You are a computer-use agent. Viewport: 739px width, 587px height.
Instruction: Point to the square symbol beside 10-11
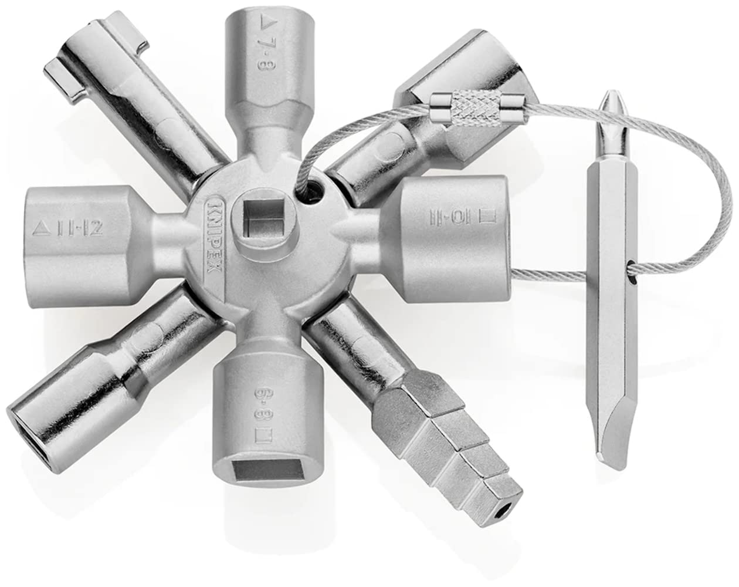click(x=486, y=215)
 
